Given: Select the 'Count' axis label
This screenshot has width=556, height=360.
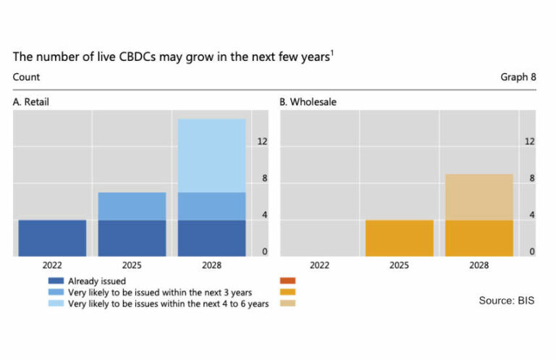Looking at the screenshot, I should coord(27,77).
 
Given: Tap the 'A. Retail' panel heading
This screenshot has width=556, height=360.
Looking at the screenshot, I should coord(31,102).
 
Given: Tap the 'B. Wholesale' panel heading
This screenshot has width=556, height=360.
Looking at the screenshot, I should coord(308,102).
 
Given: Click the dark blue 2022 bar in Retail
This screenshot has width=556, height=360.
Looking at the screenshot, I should coord(52,238).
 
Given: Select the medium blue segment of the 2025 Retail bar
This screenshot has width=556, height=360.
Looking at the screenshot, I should coord(132,206).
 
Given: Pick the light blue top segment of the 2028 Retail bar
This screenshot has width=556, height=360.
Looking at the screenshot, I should coord(211,156).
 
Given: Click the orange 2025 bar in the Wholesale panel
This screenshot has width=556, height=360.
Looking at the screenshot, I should coord(399,238).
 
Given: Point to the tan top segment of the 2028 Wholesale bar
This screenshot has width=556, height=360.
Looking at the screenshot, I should coord(479,197).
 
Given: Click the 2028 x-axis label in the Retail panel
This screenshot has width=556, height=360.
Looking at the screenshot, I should coord(211,266).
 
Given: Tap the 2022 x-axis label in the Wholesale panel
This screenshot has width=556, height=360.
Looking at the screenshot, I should coord(319,266).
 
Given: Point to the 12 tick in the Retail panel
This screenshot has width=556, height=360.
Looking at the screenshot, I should coord(263,142).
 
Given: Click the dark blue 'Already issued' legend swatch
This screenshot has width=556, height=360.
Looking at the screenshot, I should coord(56,281).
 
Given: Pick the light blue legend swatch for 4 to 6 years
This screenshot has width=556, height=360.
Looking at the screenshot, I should coord(56,304).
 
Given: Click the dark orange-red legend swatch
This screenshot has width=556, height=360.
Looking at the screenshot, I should coord(287,281).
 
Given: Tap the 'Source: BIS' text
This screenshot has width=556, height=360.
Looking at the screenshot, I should coord(506,300).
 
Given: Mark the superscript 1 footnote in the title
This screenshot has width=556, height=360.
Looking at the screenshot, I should coord(332,53).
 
